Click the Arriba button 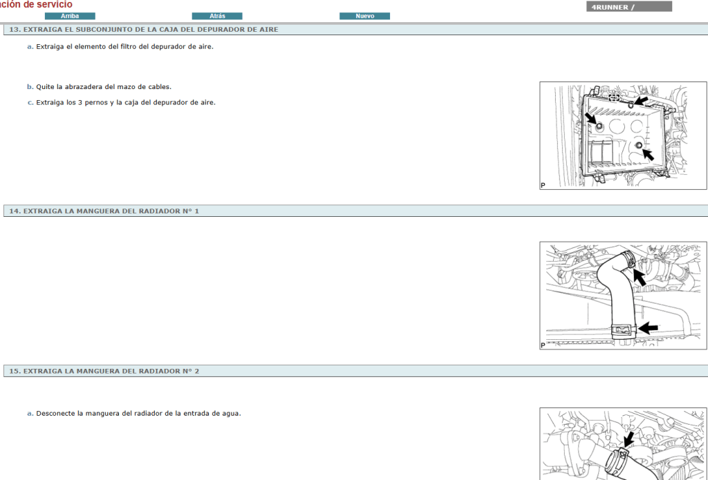[x=70, y=17]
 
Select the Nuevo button [x=364, y=17]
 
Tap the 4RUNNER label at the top [x=610, y=7]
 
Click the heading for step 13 [x=144, y=29]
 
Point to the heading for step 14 [x=104, y=211]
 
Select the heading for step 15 [x=104, y=372]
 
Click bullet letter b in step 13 [x=30, y=86]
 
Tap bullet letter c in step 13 [x=30, y=102]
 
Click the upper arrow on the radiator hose [x=640, y=276]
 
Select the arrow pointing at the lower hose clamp [x=648, y=328]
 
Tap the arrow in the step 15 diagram [x=628, y=439]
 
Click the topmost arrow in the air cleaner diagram [x=641, y=100]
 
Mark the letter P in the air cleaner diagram [x=543, y=185]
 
